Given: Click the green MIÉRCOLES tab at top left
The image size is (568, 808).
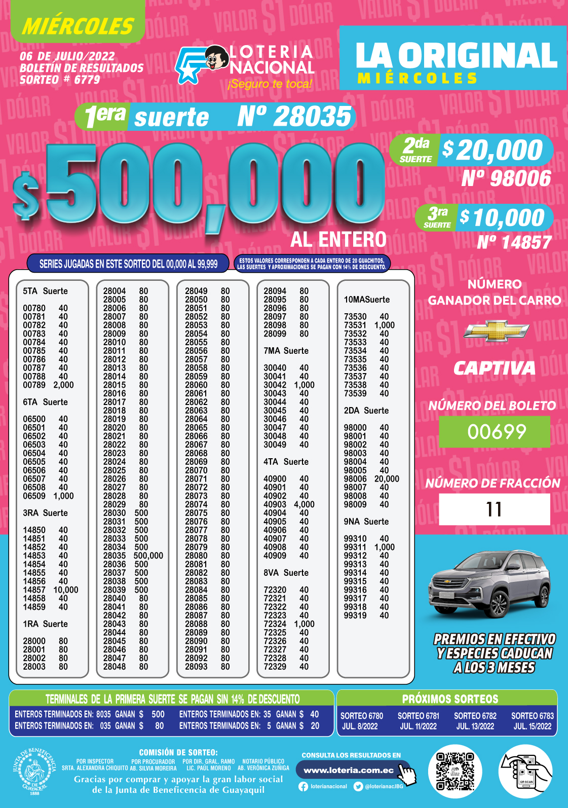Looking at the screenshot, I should click(78, 25).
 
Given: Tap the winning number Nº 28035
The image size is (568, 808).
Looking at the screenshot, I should click(294, 117).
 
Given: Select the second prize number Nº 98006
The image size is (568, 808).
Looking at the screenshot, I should click(506, 178).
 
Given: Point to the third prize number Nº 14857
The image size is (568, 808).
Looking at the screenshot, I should click(514, 242).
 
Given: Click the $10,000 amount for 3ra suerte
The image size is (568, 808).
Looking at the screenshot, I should click(502, 218).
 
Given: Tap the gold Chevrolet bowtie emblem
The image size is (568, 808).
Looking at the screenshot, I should click(497, 331).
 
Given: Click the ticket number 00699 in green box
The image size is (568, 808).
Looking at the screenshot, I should click(495, 432).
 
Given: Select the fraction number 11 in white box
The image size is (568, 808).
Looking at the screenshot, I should click(494, 509).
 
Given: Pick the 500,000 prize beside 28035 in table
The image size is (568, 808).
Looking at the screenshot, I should click(148, 556).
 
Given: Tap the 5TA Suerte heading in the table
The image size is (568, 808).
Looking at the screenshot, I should click(45, 291).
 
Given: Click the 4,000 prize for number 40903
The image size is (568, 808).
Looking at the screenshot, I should click(304, 504).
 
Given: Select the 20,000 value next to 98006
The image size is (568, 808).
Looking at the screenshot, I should click(387, 479).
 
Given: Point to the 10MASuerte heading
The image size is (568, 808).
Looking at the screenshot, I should click(367, 300).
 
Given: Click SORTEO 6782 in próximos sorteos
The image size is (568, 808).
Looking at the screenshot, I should click(475, 716).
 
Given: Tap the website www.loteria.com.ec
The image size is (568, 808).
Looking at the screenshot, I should click(349, 770).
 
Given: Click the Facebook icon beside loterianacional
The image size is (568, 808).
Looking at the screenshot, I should click(303, 787).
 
